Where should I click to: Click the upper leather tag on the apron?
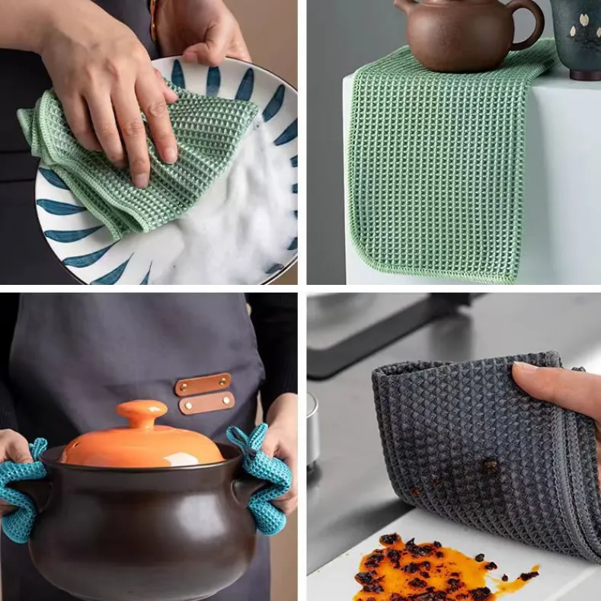click(203, 384)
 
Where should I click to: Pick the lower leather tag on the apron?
click(206, 403)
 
